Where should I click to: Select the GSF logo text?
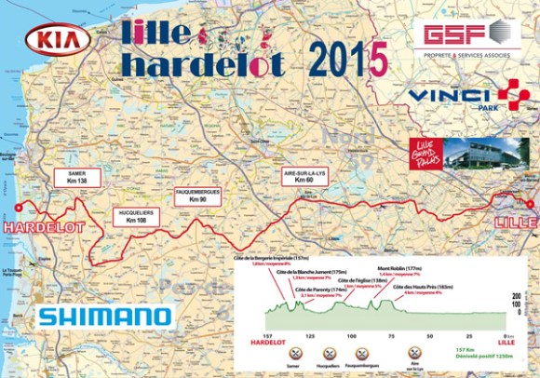[x=457, y=34]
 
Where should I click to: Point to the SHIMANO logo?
[x=104, y=317]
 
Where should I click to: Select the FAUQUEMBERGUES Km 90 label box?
[x=201, y=196]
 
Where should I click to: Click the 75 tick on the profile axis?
[x=391, y=334]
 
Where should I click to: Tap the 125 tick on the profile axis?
[x=309, y=334]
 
